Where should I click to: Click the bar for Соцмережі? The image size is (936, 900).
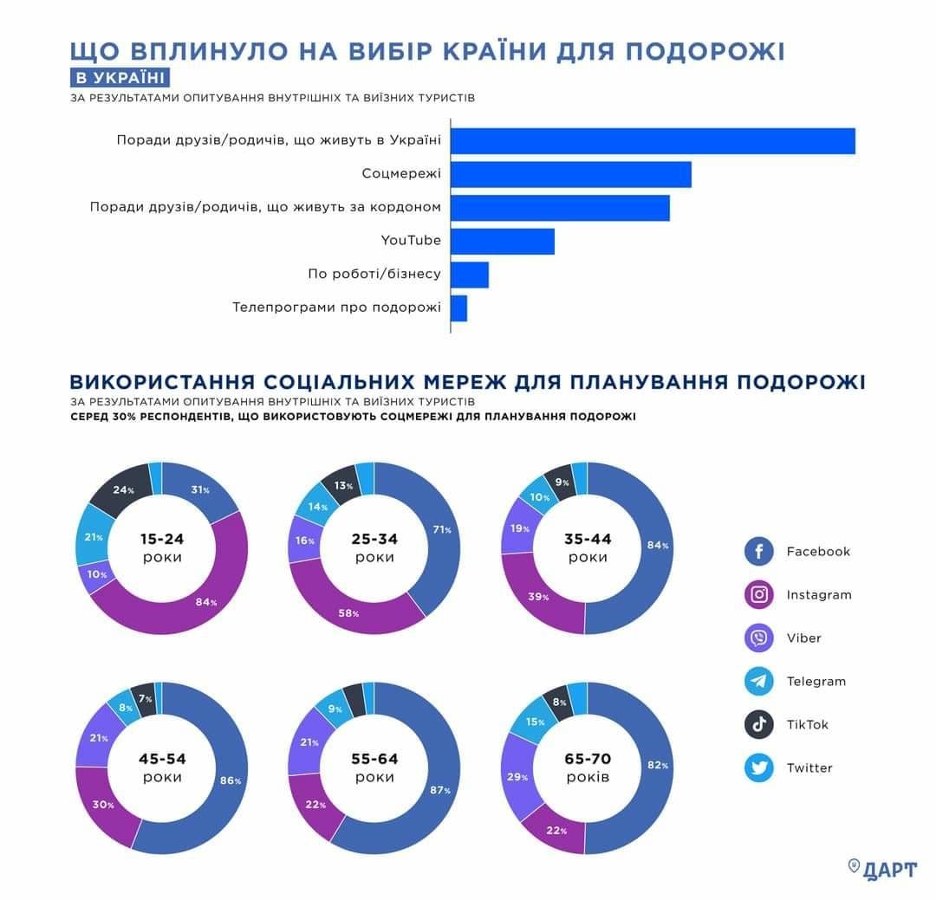pos(570,174)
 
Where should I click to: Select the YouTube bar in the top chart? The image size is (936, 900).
pos(502,242)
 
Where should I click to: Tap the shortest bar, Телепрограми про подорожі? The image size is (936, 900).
pos(458,308)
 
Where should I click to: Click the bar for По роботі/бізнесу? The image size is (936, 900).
pos(470,275)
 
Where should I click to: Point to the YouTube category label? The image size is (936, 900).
pos(411,241)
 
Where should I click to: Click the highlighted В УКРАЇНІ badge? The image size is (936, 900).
pos(120,77)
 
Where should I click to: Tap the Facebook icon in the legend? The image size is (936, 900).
pos(758,551)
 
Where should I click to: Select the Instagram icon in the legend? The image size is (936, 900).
pos(758,594)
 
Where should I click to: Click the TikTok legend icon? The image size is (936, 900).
pos(758,724)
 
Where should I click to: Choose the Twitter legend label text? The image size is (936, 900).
pos(809,767)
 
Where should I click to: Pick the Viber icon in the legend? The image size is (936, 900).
pos(758,638)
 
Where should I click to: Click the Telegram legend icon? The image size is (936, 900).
pos(758,681)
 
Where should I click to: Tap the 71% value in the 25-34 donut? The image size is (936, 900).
pos(442,529)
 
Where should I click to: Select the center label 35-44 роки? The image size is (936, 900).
pos(587,547)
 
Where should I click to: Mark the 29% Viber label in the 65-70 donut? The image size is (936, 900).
pos(518,777)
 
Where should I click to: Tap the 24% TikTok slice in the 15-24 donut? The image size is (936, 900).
pos(124,490)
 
